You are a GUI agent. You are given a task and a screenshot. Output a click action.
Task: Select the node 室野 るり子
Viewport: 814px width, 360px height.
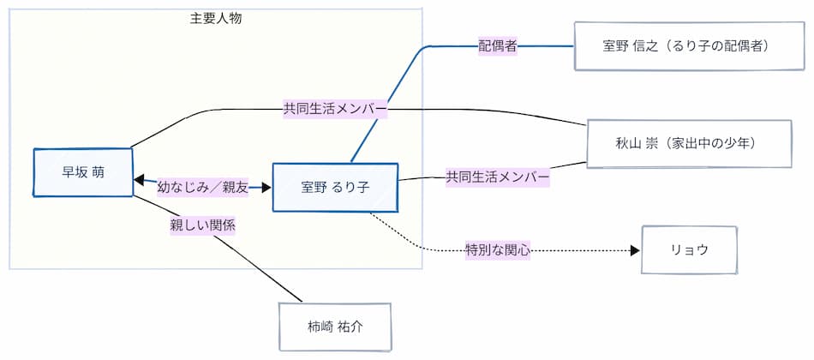[x=335, y=187]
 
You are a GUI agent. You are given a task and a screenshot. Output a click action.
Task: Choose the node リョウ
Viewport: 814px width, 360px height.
[x=690, y=250]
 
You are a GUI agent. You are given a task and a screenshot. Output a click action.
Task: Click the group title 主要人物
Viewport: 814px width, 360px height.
[x=216, y=17]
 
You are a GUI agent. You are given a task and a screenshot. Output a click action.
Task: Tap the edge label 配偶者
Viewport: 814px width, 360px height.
[x=497, y=46]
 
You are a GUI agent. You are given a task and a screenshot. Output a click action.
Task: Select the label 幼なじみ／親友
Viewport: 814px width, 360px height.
[x=202, y=187]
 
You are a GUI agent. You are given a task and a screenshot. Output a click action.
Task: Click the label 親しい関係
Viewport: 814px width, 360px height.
[x=202, y=225]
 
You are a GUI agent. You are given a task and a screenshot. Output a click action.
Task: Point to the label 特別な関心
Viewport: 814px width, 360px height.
[x=498, y=250]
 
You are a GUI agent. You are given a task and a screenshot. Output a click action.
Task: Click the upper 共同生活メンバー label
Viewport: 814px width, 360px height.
[x=335, y=109]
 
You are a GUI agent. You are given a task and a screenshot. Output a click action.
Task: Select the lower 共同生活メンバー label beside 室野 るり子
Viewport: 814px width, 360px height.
[x=497, y=177]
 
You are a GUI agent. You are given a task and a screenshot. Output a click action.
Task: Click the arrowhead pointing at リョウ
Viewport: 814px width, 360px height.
[x=635, y=250]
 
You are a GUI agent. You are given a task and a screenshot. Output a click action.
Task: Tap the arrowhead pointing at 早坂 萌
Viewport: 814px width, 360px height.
[x=140, y=180]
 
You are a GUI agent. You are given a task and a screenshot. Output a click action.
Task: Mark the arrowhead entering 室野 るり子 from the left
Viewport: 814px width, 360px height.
[x=266, y=187]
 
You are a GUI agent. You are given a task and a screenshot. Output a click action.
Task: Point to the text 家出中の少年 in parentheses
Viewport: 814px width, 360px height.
[x=721, y=143]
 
